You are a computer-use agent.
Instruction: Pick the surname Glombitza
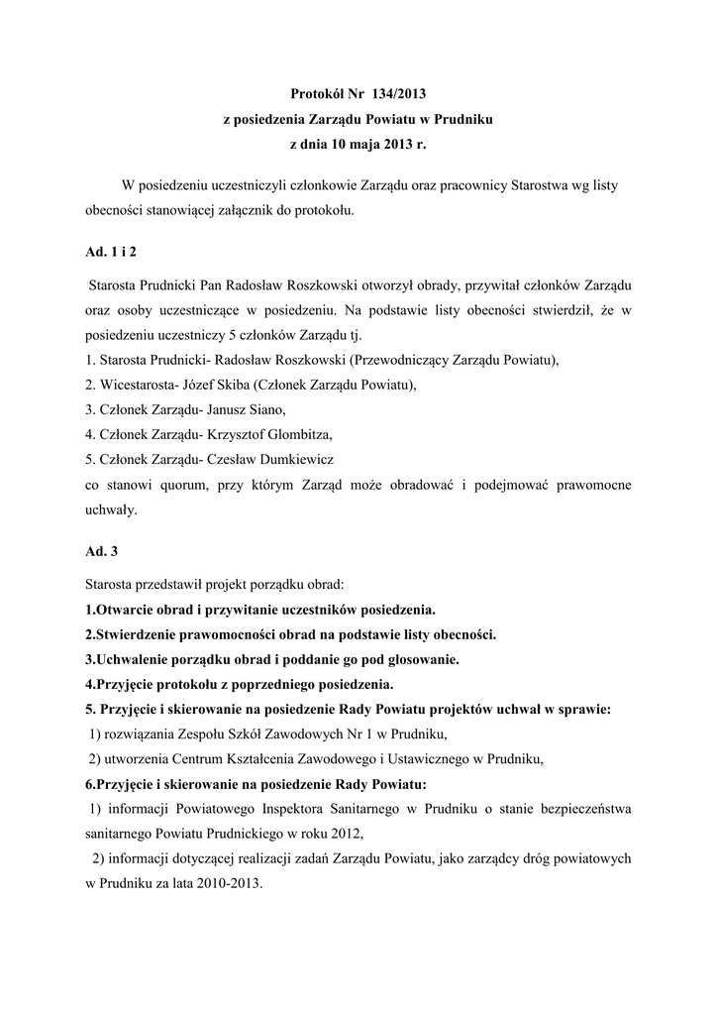click(x=296, y=435)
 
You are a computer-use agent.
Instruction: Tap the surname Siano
click(x=266, y=409)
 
